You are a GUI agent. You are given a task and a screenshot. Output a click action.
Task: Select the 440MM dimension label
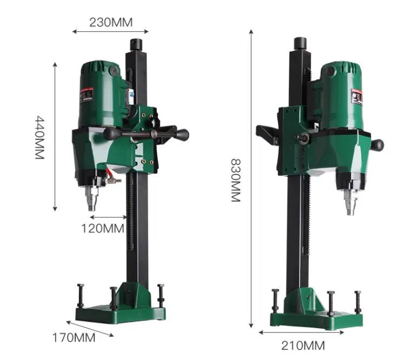[x=39, y=136]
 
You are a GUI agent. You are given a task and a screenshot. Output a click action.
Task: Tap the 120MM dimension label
[x=103, y=228]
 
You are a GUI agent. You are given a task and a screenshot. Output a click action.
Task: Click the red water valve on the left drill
[x=111, y=179]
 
